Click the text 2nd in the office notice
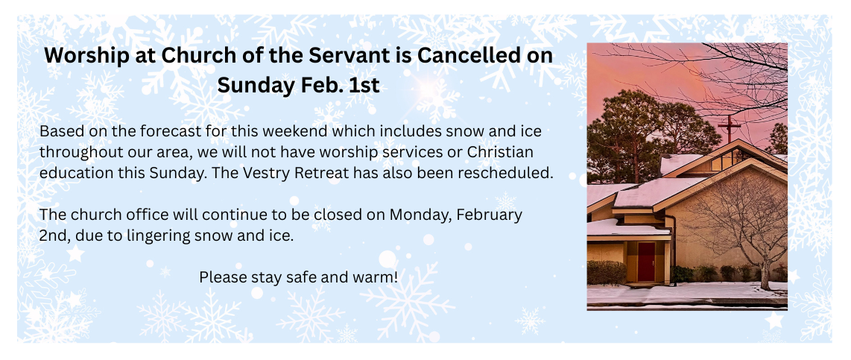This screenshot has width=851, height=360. [51, 237]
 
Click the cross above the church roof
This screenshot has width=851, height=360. [729, 128]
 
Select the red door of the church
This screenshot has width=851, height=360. [646, 262]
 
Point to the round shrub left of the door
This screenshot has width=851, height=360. [607, 273]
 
